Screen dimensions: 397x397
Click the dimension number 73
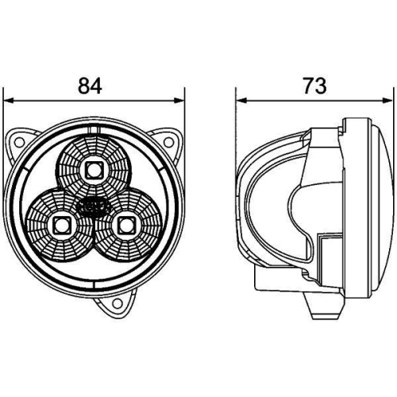coord(315,85)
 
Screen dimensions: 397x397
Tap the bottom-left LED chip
coord(60,225)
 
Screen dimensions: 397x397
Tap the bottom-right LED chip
coord(125,225)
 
